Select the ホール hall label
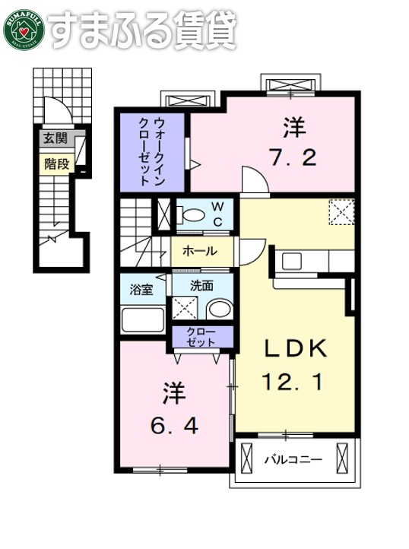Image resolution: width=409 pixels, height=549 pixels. click(201, 251)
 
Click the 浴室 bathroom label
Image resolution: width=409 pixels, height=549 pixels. click(141, 290)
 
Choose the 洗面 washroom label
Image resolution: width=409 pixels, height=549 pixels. click(201, 286)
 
